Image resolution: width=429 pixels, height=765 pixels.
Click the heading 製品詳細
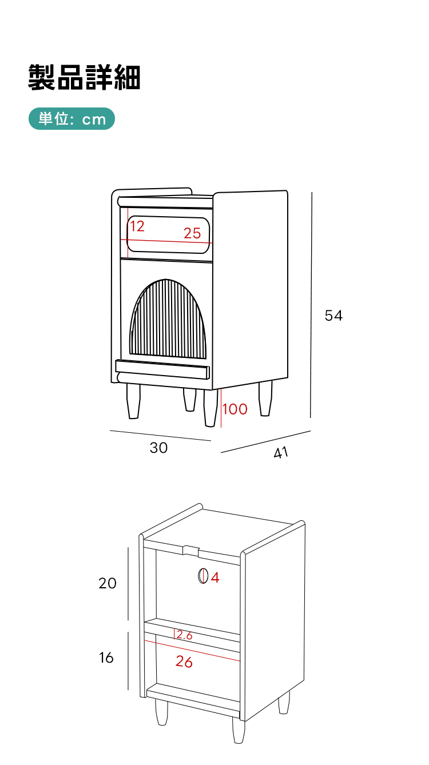click(x=84, y=77)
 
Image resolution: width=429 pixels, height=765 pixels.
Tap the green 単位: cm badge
click(x=71, y=118)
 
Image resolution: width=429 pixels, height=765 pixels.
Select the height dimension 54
click(x=333, y=316)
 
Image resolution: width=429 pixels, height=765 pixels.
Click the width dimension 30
click(x=158, y=448)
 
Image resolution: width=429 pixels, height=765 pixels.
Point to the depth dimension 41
click(x=281, y=452)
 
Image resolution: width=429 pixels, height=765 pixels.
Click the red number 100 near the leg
click(x=235, y=409)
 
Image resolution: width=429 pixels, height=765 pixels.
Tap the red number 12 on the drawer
click(x=137, y=226)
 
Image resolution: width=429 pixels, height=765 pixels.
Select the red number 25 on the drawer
click(x=192, y=233)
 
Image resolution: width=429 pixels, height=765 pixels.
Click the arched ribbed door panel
click(x=168, y=319)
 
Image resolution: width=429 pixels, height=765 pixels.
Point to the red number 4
click(x=215, y=577)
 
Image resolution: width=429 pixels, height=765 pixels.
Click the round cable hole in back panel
click(x=203, y=576)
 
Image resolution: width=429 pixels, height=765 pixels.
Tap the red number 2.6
click(x=184, y=635)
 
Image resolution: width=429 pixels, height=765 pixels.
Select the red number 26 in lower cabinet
click(x=184, y=662)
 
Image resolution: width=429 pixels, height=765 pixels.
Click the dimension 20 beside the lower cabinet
click(x=108, y=583)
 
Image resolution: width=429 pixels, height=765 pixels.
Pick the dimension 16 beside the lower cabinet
click(x=106, y=658)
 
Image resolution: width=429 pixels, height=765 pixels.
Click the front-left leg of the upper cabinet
click(x=133, y=401)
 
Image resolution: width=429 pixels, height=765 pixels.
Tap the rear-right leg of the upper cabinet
click(x=265, y=398)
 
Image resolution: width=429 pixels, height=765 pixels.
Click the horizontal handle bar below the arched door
click(x=162, y=369)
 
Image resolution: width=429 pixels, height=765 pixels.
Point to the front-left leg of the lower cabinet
click(x=161, y=712)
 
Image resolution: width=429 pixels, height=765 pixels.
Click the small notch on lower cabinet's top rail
click(x=191, y=551)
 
